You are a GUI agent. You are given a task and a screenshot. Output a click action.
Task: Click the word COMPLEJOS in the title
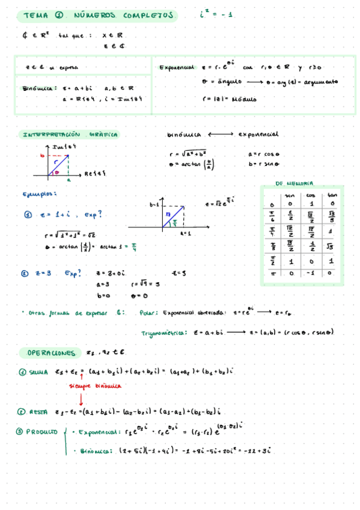pos(148,16)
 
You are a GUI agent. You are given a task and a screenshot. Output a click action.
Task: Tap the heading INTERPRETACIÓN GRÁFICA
pos(70,135)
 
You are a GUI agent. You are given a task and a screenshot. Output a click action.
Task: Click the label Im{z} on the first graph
pos(63,147)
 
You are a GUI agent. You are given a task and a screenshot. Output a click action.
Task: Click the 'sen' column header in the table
pos(290,195)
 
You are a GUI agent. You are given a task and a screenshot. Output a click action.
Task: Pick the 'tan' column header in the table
pos(331,195)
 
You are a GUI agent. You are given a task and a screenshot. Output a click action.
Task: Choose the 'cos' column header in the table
pos(311,195)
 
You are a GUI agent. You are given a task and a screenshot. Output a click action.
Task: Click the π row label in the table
pos(271,274)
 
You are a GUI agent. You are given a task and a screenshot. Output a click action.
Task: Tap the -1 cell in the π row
pos(311,274)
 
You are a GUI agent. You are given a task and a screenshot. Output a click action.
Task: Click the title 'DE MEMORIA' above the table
pos(294,183)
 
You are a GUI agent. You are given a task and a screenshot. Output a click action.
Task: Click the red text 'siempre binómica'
pos(95,386)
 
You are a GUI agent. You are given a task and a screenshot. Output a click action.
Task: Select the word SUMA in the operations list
pos(38,372)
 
